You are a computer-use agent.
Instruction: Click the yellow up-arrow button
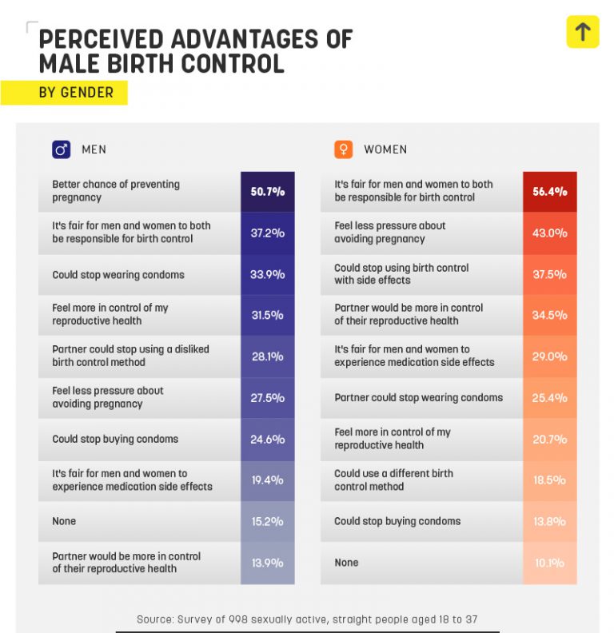click(x=582, y=32)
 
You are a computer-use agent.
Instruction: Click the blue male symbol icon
click(x=61, y=149)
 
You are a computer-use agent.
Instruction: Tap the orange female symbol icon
click(x=343, y=149)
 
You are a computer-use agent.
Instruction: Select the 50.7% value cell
click(x=267, y=192)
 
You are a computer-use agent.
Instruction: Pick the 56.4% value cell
click(x=549, y=192)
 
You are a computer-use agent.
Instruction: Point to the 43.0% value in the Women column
click(x=549, y=233)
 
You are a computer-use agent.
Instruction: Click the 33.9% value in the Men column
click(x=267, y=275)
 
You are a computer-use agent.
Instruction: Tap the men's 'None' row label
click(x=64, y=521)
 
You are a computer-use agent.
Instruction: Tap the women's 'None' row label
click(x=346, y=563)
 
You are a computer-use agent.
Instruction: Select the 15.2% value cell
click(x=267, y=521)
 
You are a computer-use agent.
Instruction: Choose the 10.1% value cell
click(x=549, y=563)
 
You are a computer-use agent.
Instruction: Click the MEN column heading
click(x=94, y=149)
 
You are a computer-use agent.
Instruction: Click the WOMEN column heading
click(x=385, y=149)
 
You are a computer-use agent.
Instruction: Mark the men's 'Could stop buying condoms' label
click(x=115, y=439)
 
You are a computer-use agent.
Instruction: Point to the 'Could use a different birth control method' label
click(x=393, y=480)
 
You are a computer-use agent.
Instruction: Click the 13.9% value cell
click(x=267, y=563)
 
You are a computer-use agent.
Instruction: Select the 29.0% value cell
click(x=549, y=356)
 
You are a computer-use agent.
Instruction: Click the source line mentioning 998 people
click(x=307, y=619)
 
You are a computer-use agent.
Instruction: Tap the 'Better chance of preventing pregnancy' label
click(x=116, y=190)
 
